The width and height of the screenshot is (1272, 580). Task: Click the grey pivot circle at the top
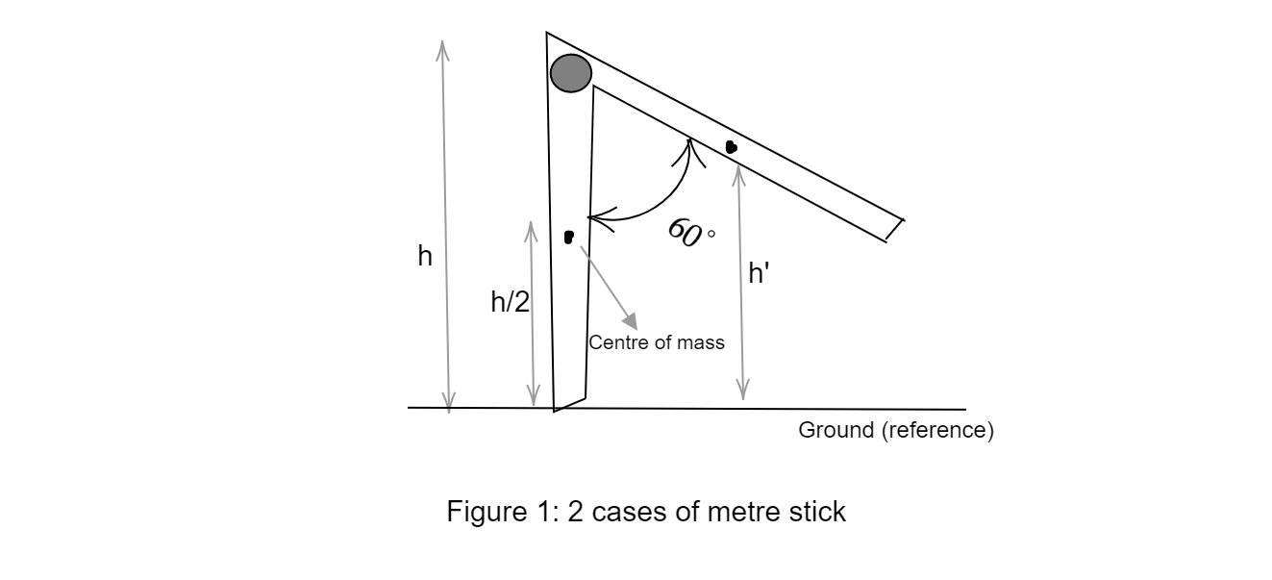click(570, 73)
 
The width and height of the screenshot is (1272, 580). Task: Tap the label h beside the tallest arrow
click(424, 257)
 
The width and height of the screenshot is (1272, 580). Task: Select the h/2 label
click(510, 302)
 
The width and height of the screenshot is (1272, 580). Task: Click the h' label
click(759, 274)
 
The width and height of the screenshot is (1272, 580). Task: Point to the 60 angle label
click(685, 232)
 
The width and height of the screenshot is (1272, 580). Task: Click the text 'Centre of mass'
click(657, 342)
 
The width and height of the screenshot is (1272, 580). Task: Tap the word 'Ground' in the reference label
click(836, 430)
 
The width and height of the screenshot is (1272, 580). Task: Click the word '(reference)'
click(937, 430)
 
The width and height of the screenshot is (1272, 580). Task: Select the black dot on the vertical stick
click(569, 236)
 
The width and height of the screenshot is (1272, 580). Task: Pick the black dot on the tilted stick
click(732, 147)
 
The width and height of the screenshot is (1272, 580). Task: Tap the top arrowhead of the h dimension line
click(442, 48)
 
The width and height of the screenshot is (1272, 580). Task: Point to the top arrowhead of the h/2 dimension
click(531, 229)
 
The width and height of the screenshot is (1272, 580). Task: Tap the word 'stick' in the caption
click(816, 512)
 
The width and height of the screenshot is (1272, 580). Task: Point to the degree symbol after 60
click(711, 233)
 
